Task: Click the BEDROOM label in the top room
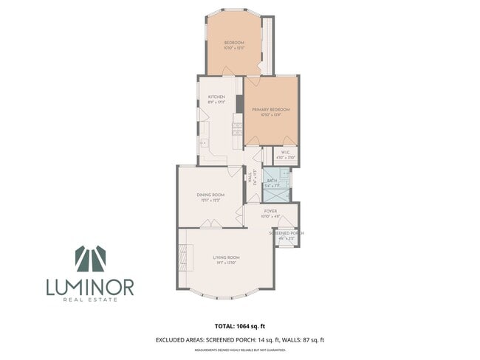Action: [x=234, y=43]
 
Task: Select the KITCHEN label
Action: [x=216, y=97]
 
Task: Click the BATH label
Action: [x=272, y=180]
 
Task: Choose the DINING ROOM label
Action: [x=210, y=194]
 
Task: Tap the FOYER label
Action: [x=270, y=212]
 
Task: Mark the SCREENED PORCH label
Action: [x=287, y=233]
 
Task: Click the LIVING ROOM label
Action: [x=227, y=257]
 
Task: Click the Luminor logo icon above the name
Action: [x=90, y=259]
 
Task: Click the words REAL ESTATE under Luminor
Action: [x=90, y=299]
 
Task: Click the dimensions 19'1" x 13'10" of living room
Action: [x=227, y=263]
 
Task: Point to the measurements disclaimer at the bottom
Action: [x=239, y=350]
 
